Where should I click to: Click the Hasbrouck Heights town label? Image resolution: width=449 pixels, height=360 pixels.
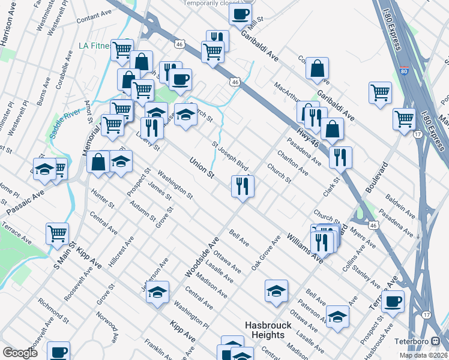(x=268, y=330)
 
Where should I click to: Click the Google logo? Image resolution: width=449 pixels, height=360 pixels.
(x=20, y=353)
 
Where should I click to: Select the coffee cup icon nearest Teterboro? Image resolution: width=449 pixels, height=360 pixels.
(x=393, y=301)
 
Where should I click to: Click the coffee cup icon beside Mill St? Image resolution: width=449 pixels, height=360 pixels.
(x=241, y=13)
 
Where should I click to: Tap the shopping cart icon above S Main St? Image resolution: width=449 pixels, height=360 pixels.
(x=57, y=233)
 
